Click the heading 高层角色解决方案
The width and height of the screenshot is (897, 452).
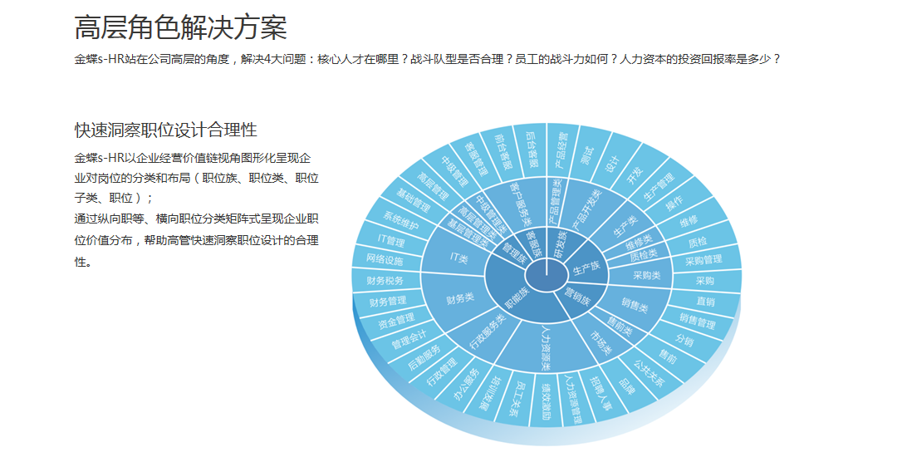180,28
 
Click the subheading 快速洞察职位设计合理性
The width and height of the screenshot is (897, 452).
165,130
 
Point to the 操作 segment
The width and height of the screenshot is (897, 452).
674,203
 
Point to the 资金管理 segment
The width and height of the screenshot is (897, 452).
396,319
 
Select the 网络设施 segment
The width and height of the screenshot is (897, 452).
384,260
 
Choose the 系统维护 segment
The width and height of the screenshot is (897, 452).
401,223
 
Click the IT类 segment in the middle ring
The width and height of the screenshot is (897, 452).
458,258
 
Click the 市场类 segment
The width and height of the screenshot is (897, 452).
600,342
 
